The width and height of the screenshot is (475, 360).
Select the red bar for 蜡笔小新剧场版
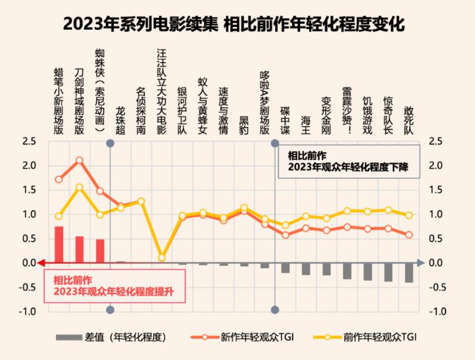(x=59, y=245)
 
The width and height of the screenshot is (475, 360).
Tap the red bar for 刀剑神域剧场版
(x=80, y=249)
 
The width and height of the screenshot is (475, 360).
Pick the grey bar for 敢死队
(x=409, y=272)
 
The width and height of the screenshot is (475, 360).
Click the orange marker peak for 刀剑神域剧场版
(x=80, y=160)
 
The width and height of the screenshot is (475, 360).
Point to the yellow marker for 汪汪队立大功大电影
(x=162, y=257)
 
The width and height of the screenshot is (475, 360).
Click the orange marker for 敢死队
(x=409, y=234)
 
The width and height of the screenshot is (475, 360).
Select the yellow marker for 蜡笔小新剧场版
(x=59, y=216)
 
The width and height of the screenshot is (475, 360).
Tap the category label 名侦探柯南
(x=141, y=111)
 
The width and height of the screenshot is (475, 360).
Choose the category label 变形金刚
(x=326, y=115)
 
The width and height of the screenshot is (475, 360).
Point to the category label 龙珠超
(x=120, y=120)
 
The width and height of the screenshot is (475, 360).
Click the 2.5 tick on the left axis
(x=29, y=141)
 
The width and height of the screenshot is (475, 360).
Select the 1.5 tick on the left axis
(x=29, y=190)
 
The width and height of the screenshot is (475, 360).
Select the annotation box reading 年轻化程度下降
(x=349, y=162)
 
